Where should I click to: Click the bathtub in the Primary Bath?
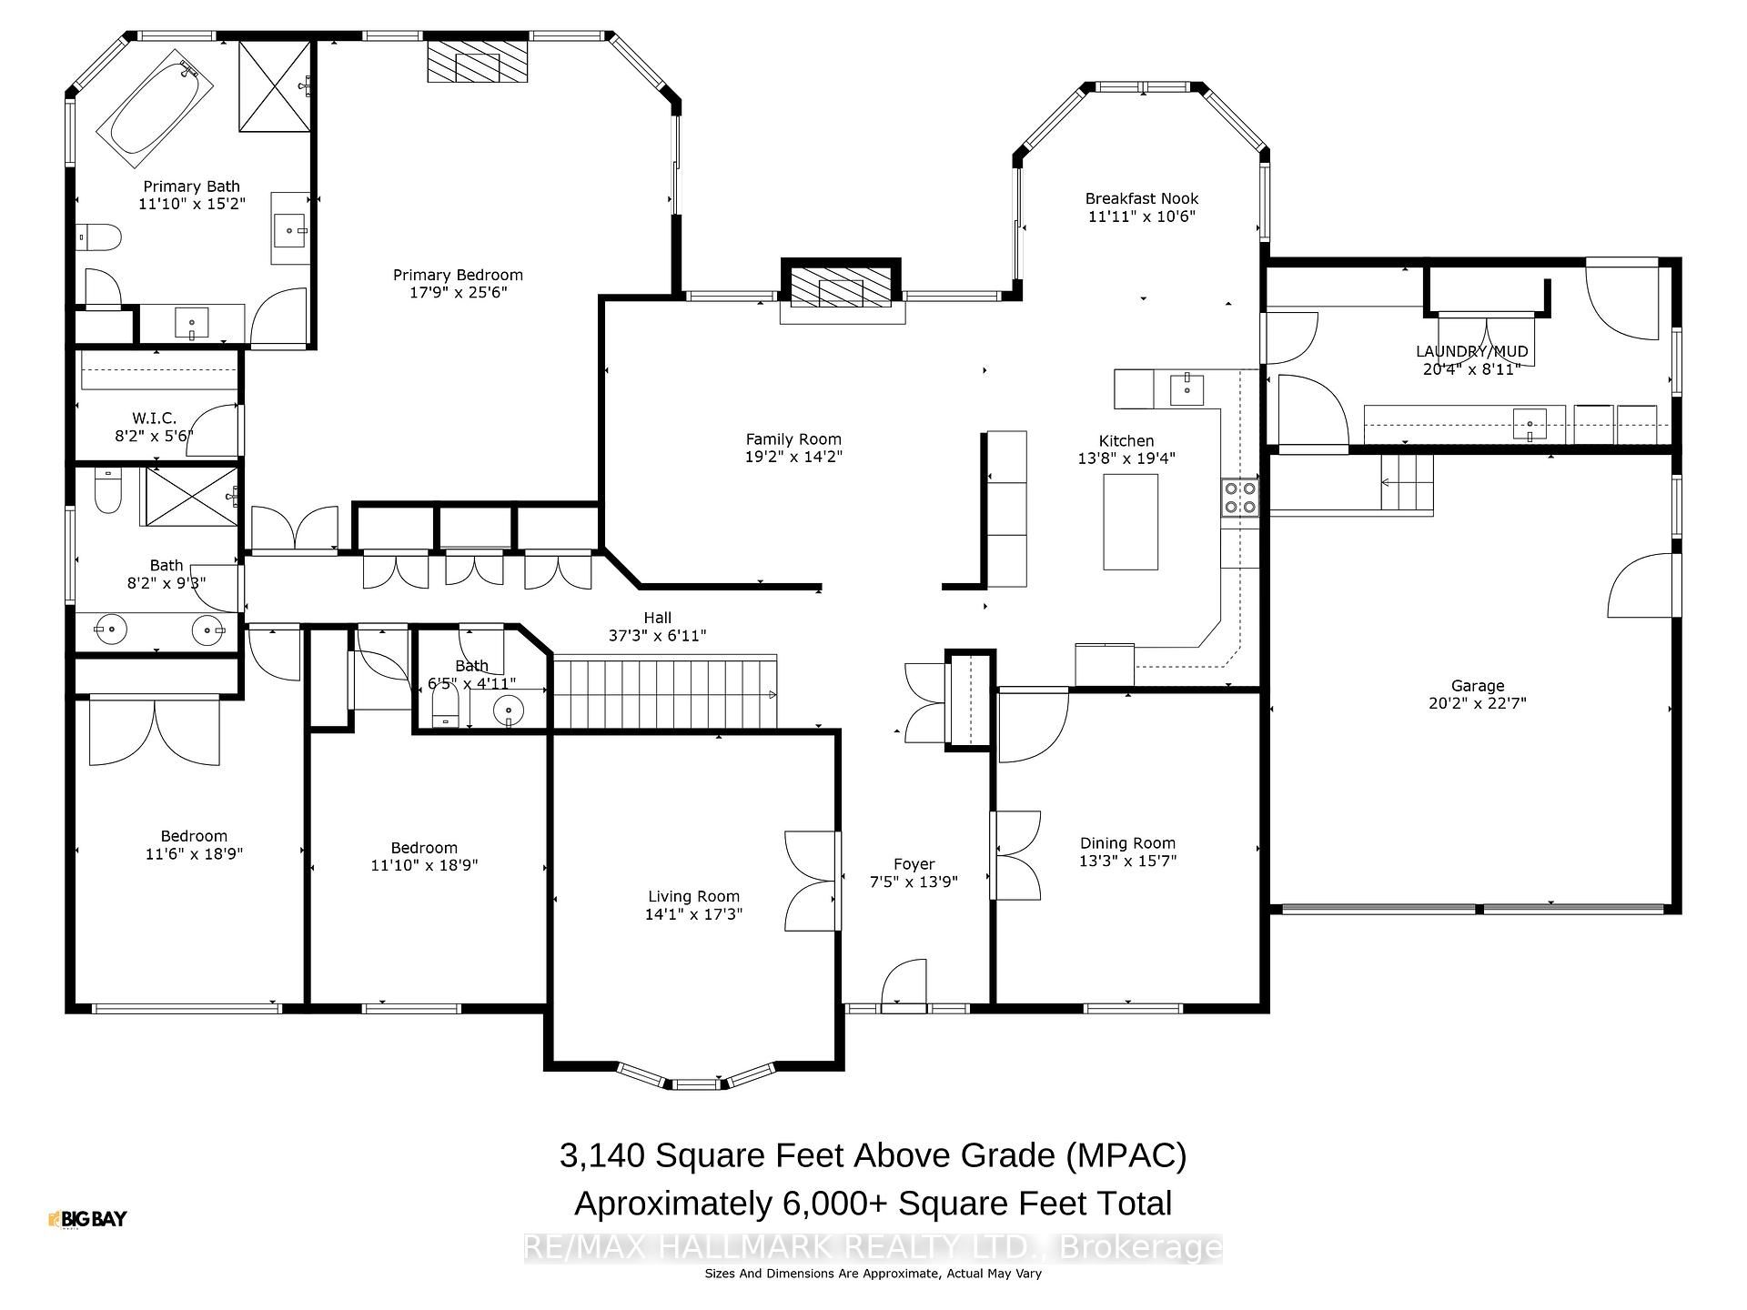pos(155,108)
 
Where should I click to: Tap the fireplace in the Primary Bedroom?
pos(478,62)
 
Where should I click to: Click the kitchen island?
pos(1131,521)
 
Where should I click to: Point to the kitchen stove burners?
pos(1240,497)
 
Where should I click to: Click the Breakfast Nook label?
pos(1141,198)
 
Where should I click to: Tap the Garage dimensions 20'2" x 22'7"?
pos(1478,702)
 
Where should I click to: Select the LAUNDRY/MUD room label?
pos(1471,351)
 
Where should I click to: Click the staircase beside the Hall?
pos(665,693)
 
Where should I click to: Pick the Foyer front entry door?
pos(904,985)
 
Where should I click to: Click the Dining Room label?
pos(1127,843)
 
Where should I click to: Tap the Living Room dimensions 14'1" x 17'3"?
pos(693,914)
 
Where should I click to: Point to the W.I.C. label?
pos(154,418)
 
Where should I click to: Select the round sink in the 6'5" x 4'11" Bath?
pos(509,710)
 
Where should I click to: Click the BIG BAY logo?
pos(87,1219)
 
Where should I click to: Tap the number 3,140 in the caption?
pos(601,1156)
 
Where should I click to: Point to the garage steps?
pos(1407,482)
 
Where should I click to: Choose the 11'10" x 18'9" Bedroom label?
pos(424,857)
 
